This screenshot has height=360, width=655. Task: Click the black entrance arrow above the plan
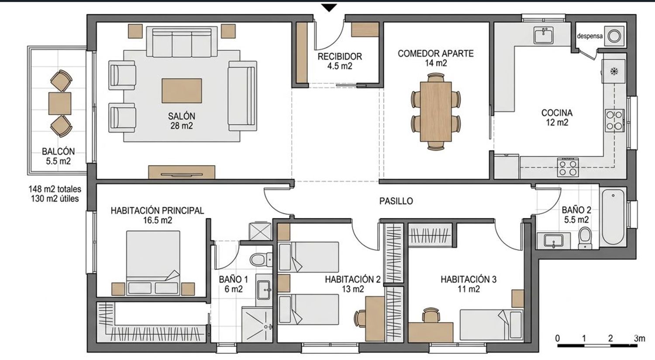click(329, 8)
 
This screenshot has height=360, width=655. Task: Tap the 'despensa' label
click(589, 36)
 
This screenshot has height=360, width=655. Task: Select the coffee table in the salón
click(182, 91)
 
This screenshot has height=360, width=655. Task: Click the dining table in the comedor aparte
click(436, 112)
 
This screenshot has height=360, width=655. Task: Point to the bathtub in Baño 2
click(613, 217)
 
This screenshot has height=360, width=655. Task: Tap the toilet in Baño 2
click(585, 238)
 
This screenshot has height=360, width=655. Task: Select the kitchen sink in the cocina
click(544, 35)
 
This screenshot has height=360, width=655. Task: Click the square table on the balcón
click(60, 104)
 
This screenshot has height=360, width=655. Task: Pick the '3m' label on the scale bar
click(639, 338)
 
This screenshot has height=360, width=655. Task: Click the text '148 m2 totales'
click(55, 189)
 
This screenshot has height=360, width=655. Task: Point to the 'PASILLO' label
click(396, 201)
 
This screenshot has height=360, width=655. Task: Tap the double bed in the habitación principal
click(153, 263)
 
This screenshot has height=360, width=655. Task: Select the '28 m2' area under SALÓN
click(182, 126)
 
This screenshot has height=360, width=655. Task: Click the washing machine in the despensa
click(614, 36)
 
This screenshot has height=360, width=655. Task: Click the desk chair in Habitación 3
click(431, 315)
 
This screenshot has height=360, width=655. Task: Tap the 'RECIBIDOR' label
click(340, 56)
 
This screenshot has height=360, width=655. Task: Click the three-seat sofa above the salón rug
click(182, 42)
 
